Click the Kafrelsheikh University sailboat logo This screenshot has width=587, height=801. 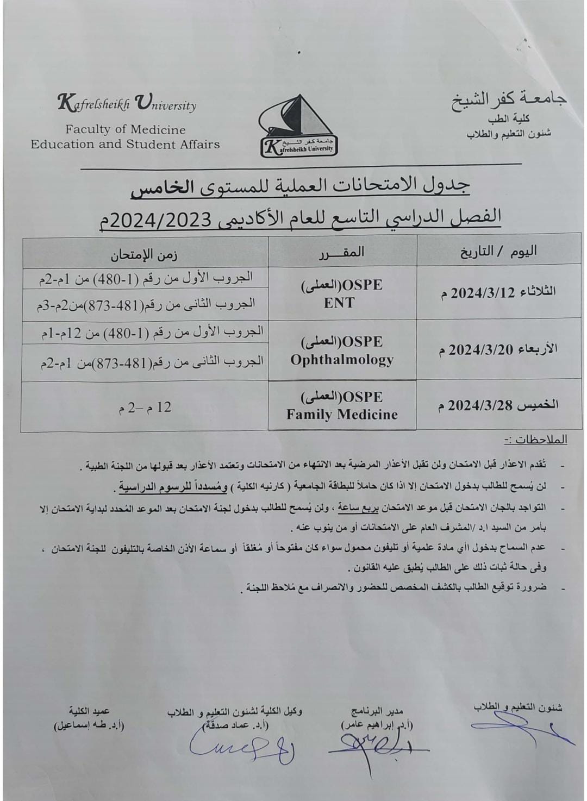(x=298, y=126)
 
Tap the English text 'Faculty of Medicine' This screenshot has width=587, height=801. (x=126, y=130)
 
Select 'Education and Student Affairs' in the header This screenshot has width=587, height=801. (x=125, y=145)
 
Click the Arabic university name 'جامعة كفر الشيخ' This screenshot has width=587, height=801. (x=509, y=101)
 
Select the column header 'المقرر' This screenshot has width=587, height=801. (x=342, y=252)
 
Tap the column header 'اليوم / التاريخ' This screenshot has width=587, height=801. (x=498, y=251)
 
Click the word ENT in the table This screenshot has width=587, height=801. (x=339, y=303)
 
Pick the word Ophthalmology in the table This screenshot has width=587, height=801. (x=342, y=360)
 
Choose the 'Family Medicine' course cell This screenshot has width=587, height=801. (x=342, y=415)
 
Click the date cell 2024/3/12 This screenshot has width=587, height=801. (x=498, y=292)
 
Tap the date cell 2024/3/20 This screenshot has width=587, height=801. (x=498, y=349)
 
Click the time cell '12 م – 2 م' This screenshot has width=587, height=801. (x=145, y=408)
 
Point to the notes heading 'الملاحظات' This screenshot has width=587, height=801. (x=535, y=440)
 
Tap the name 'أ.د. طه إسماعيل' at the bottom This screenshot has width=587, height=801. (x=89, y=725)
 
